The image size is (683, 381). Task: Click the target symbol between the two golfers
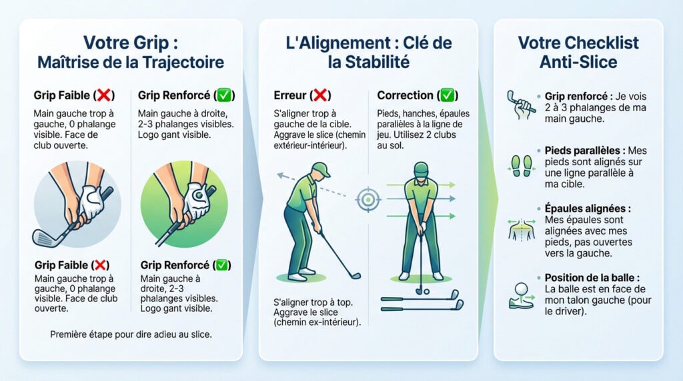click(366, 198)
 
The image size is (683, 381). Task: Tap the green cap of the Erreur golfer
click(320, 170)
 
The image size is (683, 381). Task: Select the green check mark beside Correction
click(448, 95)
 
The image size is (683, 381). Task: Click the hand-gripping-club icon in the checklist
click(521, 102)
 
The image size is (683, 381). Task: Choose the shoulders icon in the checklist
click(521, 228)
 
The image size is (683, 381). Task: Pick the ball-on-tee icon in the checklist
click(521, 294)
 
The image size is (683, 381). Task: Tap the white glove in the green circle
click(197, 198)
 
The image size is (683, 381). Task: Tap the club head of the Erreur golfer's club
click(355, 275)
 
